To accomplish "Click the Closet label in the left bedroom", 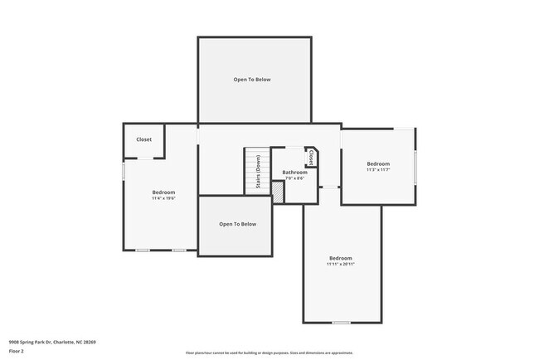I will coord(143,140).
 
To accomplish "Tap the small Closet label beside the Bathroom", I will coord(311,157).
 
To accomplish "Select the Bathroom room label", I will coord(294,172).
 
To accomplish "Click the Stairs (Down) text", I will coord(258,173).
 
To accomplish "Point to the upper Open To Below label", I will coord(251,80).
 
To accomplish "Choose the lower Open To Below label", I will coord(237,224).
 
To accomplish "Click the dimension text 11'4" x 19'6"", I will coord(163,198).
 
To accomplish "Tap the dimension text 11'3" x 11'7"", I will coord(378,170).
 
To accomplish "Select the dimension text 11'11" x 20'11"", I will coord(340,264).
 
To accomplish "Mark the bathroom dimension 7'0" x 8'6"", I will coord(294,178).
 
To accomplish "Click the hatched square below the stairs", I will coord(278,192).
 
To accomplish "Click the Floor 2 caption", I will coord(17,351).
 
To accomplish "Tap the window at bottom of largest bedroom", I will coord(341,322).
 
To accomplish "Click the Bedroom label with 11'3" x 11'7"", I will coord(378,163).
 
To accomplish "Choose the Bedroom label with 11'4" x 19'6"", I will coord(163,192).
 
